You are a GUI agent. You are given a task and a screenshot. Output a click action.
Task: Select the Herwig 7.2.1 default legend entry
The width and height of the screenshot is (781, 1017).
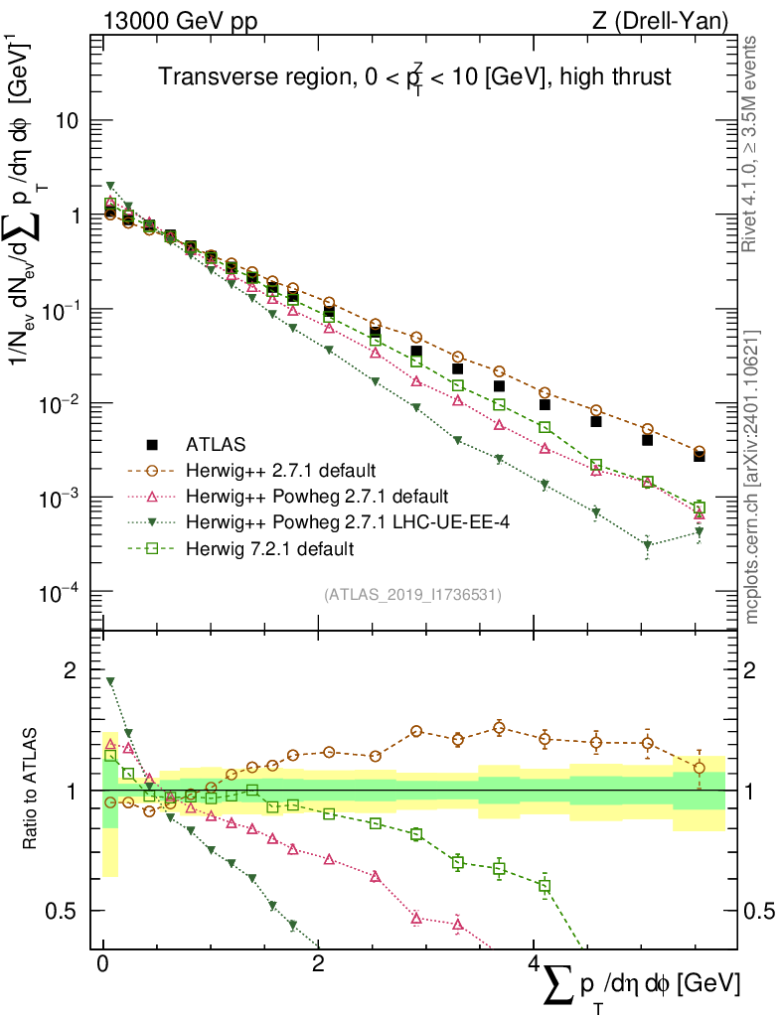click(270, 547)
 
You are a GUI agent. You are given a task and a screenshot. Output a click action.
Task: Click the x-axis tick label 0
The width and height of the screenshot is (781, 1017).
click(102, 966)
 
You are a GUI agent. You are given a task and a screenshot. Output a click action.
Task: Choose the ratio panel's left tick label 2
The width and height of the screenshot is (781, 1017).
click(71, 670)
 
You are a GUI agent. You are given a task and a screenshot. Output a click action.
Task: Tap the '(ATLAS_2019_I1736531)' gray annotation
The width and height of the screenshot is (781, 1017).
click(412, 595)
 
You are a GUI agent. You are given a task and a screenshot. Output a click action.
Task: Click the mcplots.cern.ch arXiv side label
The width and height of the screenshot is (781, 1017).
click(751, 477)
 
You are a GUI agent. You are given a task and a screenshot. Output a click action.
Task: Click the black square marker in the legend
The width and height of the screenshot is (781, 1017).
click(152, 444)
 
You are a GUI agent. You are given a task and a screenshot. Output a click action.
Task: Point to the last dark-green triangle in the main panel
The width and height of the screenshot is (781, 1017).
click(700, 532)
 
